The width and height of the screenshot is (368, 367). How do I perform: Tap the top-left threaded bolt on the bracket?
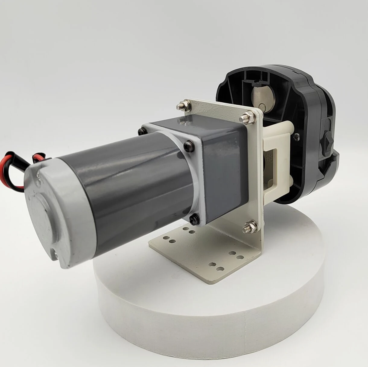click(x=182, y=106)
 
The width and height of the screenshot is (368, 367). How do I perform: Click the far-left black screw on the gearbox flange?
click(x=141, y=132)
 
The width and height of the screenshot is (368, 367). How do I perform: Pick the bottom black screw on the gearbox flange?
click(x=195, y=216)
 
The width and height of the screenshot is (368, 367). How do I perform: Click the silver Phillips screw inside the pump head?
click(x=295, y=136)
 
